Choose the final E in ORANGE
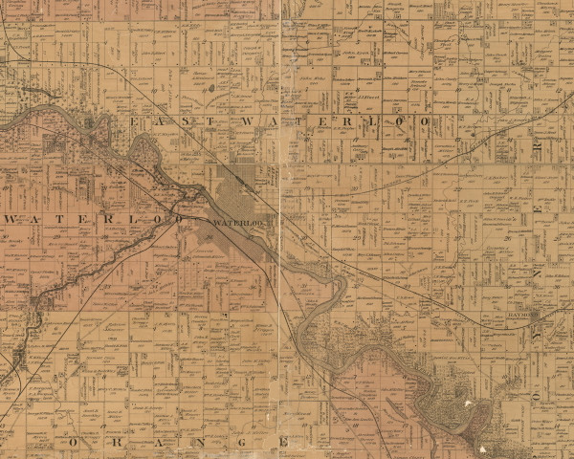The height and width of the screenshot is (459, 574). (x=283, y=443)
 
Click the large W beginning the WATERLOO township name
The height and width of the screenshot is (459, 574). (x=11, y=219)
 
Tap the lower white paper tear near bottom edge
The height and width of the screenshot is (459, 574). (x=480, y=447)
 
